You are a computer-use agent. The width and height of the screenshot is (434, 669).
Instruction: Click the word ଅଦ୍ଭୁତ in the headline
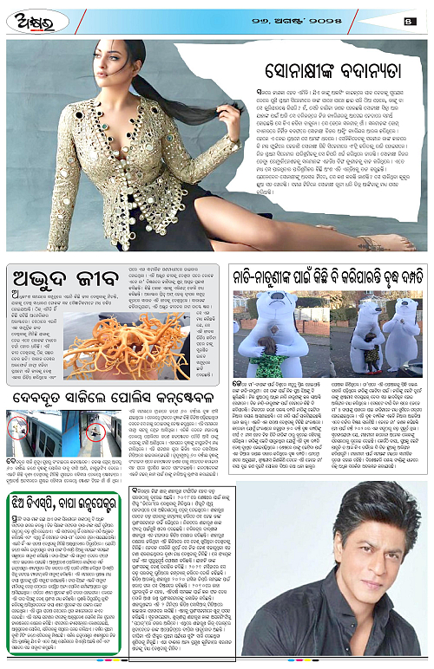[42, 272]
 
